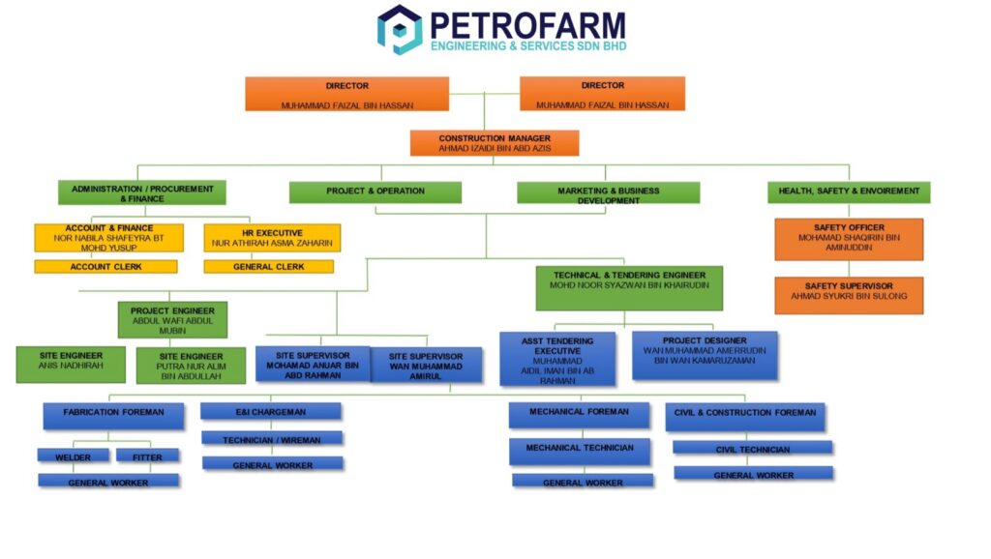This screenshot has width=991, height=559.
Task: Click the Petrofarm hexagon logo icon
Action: [399, 29]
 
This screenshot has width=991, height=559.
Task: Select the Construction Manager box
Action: [495, 143]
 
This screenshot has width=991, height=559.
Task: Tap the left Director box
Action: [346, 94]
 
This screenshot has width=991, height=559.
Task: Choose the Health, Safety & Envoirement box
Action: [849, 191]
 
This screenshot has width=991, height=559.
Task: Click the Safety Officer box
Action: [849, 239]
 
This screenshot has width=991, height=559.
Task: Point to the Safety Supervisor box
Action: [849, 295]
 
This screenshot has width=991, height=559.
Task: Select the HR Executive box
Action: [272, 238]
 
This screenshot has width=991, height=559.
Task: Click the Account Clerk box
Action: [105, 267]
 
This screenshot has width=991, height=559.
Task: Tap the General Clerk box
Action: [268, 267]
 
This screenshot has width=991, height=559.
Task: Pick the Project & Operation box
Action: [375, 191]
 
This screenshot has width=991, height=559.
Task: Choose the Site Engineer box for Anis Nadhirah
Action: [71, 364]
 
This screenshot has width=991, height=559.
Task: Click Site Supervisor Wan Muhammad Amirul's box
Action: [426, 365]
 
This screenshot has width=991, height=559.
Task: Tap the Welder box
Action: [73, 456]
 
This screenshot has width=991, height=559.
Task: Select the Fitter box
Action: [147, 456]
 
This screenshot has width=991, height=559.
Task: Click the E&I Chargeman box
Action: [271, 412]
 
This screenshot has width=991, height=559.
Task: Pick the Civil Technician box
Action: [752, 449]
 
